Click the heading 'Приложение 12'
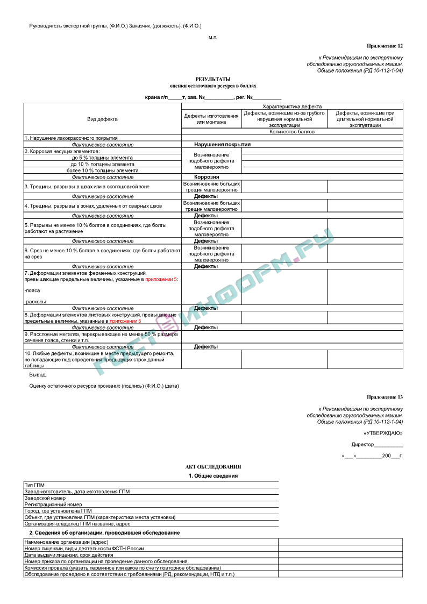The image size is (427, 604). (x=385, y=46)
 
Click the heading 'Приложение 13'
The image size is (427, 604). (x=385, y=397)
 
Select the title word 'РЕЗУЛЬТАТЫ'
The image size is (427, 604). (x=213, y=79)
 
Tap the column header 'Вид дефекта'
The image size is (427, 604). (x=102, y=119)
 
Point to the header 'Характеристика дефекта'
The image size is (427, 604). (x=292, y=106)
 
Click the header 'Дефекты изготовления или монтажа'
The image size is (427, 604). (x=211, y=119)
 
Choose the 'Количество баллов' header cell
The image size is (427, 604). (x=292, y=131)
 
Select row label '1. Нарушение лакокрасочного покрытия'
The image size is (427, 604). (x=71, y=138)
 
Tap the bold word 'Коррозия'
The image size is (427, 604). (x=207, y=177)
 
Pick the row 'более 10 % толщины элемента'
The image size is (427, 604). (x=102, y=170)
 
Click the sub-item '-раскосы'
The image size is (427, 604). (x=35, y=302)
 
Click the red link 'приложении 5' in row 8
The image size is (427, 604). (x=125, y=321)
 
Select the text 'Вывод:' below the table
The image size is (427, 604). (x=38, y=374)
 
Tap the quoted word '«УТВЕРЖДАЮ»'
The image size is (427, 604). (x=383, y=433)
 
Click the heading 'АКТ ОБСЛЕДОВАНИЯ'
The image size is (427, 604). (x=213, y=467)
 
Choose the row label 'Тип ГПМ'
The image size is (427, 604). (x=34, y=485)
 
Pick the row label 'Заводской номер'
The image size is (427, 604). (x=46, y=498)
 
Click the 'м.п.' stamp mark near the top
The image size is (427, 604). (x=213, y=37)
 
